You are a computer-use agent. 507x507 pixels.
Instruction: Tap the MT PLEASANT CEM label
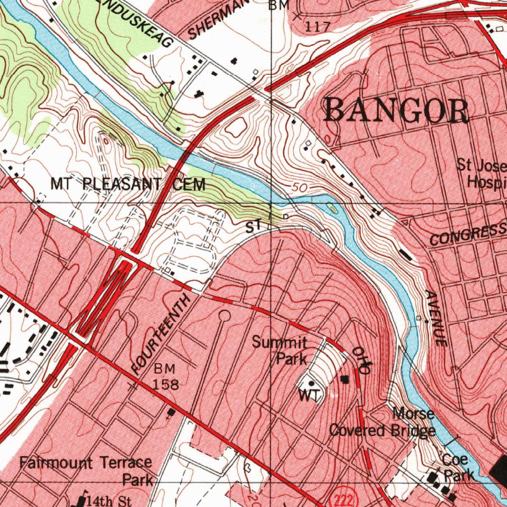(x=128, y=185)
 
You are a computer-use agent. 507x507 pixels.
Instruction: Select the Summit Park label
(x=280, y=350)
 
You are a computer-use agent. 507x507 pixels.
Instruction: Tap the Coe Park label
(x=457, y=467)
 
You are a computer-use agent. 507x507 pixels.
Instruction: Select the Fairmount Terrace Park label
(x=86, y=471)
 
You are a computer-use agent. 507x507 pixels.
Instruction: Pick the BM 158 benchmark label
(x=165, y=376)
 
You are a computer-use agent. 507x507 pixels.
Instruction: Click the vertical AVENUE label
(x=436, y=318)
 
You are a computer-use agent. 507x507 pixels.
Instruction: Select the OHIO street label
(x=360, y=360)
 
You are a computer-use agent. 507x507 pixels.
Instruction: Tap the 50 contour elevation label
(x=299, y=188)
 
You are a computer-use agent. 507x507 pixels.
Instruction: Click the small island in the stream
(x=333, y=209)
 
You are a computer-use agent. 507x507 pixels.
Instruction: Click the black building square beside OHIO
(x=345, y=379)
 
